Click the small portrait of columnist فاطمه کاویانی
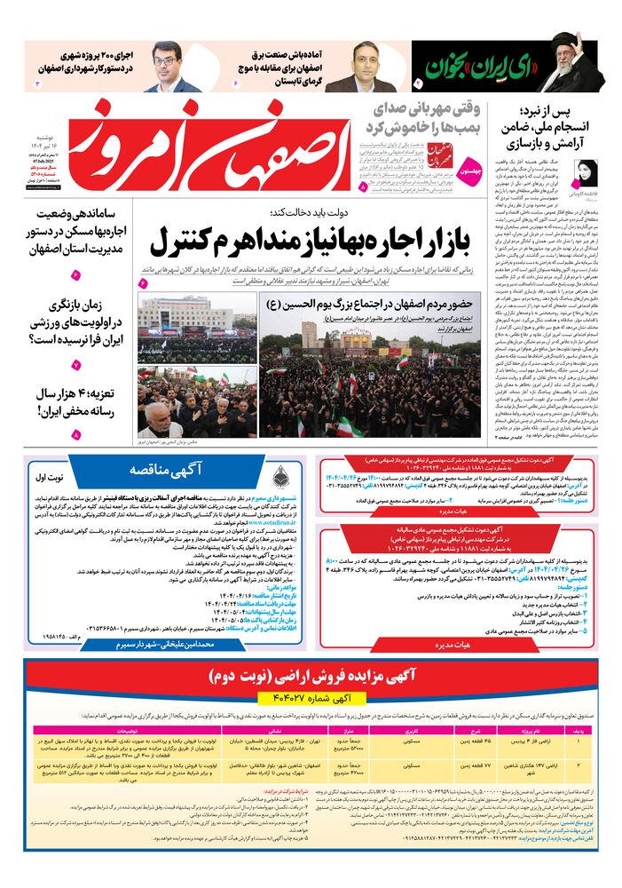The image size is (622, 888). tap(587, 172)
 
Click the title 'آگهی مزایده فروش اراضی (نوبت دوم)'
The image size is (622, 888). tap(311, 678)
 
